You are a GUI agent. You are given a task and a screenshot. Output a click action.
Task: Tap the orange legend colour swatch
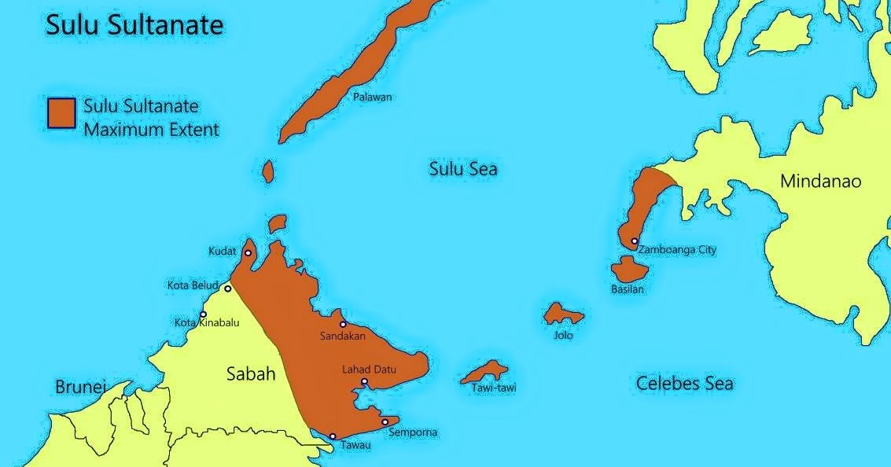click(61, 112)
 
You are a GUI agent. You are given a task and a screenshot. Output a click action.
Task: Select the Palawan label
click(372, 97)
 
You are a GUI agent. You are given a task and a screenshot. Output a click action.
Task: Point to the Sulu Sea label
click(462, 169)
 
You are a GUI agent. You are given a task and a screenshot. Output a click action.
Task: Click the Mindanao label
click(820, 182)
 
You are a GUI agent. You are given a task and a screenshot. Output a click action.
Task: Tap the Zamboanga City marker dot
click(634, 241)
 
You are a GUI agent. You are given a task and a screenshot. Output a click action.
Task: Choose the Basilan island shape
click(629, 269)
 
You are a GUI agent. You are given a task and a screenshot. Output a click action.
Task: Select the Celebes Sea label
click(684, 383)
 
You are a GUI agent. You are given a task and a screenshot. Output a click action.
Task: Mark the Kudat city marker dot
click(248, 253)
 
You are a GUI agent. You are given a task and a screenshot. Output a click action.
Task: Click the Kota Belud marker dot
click(228, 289)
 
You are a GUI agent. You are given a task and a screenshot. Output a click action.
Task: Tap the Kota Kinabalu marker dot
click(203, 314)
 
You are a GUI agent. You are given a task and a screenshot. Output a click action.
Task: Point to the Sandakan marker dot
click(343, 324)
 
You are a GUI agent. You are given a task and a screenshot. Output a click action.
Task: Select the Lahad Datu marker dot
click(364, 382)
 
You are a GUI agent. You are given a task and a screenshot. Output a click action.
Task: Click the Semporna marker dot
click(385, 422)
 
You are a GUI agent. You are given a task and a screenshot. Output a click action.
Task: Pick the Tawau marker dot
click(333, 436)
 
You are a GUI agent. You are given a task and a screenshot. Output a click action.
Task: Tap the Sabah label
click(251, 373)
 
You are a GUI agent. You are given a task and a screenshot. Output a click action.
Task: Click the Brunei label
click(80, 387)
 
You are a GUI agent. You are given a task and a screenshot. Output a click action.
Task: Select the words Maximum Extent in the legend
click(151, 129)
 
